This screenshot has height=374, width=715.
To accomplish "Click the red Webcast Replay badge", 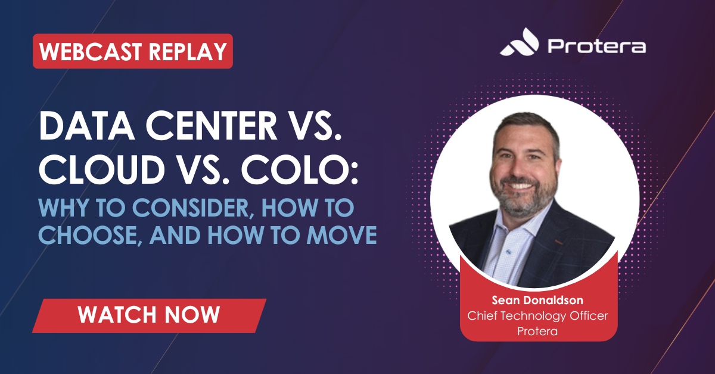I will coord(132,51).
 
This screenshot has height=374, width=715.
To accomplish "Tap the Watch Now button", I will coord(149,314).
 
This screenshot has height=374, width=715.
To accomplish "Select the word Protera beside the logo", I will coord(596,46).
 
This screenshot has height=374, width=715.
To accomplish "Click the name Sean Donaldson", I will coord(537,300).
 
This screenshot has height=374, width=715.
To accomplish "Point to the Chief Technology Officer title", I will coord(537,316).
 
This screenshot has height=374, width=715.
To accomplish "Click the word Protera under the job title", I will coord(537,331).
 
